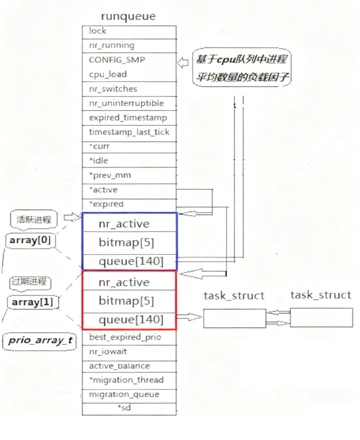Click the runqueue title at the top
[128, 16]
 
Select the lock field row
[129, 32]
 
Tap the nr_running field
[129, 45]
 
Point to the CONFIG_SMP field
[129, 60]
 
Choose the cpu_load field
[129, 74]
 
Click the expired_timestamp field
[129, 118]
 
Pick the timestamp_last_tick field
[129, 132]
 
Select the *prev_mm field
[129, 175]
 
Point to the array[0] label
[30, 240]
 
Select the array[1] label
[32, 302]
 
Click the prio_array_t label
[40, 340]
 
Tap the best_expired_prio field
[129, 337]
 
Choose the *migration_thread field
[129, 380]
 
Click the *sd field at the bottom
[129, 408]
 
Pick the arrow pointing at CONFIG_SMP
[183, 61]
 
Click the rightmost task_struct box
[320, 317]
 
